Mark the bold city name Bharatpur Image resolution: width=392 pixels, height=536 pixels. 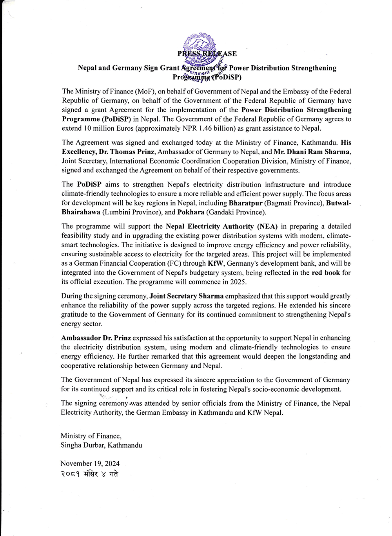click(245, 203)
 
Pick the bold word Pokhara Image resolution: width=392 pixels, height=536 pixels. click(191, 212)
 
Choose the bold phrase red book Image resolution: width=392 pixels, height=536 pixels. click(326, 273)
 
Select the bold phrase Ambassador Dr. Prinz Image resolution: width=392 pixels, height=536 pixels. click(96, 338)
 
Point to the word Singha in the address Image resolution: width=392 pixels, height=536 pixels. click(71, 445)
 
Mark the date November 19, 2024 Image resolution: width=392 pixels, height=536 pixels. click(90, 464)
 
